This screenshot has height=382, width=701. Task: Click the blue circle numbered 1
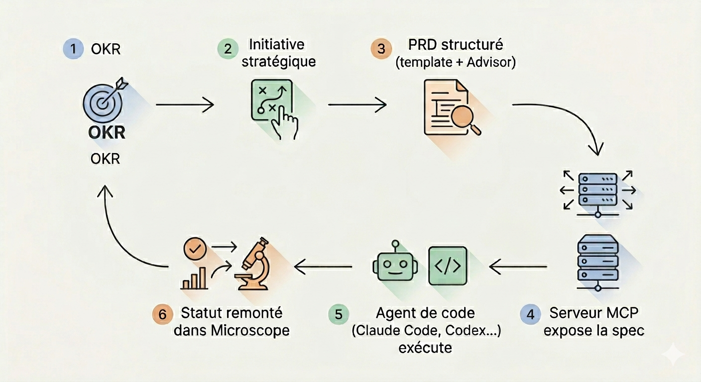point(73,49)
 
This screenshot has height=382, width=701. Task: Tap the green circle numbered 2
point(228,49)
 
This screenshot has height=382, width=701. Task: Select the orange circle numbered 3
point(381,49)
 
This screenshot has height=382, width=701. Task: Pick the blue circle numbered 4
point(530,314)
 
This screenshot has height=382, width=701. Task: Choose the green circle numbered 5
point(339,314)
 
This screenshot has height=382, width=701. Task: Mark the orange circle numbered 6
point(163,314)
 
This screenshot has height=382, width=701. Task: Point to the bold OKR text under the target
point(107,132)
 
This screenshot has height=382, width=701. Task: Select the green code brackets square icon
point(448,266)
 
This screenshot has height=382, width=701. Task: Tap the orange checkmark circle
point(195,249)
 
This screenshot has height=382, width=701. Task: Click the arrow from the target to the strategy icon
point(185,104)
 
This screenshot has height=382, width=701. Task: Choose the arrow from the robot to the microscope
point(323,267)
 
